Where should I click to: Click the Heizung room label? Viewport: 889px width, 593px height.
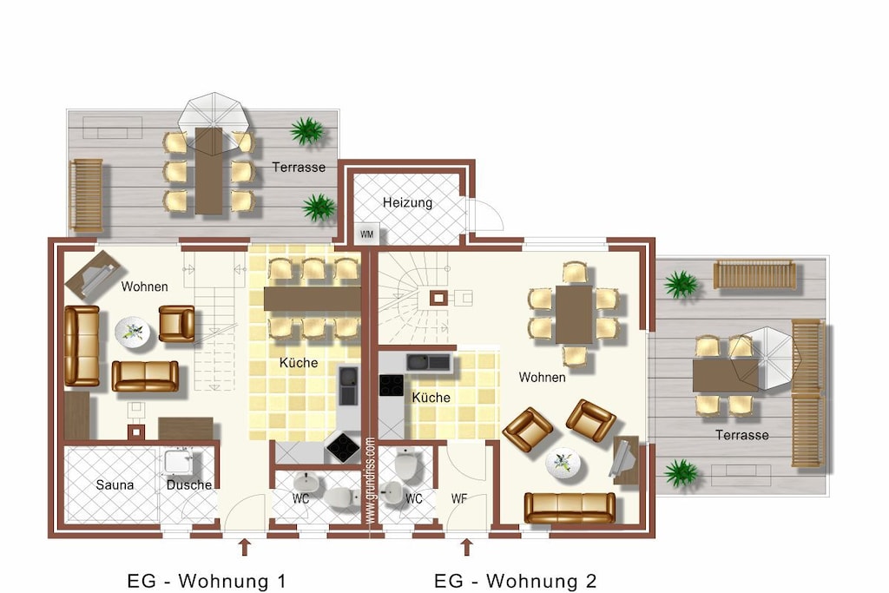point(407,202)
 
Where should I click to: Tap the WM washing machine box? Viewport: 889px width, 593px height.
point(367,234)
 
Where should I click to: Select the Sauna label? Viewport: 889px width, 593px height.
point(115,484)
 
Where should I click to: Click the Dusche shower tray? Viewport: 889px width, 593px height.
point(178,462)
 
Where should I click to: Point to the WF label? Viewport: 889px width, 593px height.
point(459,499)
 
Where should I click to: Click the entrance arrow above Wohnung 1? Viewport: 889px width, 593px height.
point(244,547)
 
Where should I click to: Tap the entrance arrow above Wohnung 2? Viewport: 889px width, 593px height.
point(466,547)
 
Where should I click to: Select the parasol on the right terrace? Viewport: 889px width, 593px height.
point(763,359)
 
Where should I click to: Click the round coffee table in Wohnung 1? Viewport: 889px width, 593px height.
point(133,332)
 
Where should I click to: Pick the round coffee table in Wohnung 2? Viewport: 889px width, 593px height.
point(563,463)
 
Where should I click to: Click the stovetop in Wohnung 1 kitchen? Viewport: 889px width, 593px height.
point(343,447)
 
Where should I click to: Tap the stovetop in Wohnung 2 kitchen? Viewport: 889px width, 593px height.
point(392,385)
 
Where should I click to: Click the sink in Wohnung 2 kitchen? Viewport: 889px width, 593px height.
point(428,362)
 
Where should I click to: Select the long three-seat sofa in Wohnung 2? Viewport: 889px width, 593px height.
point(570,507)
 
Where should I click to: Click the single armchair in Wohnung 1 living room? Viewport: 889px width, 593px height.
point(177,324)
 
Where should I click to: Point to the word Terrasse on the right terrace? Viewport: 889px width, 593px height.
point(742,435)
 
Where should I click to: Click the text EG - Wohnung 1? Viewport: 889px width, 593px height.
point(207,581)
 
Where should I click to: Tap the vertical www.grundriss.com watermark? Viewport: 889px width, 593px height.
point(370,481)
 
